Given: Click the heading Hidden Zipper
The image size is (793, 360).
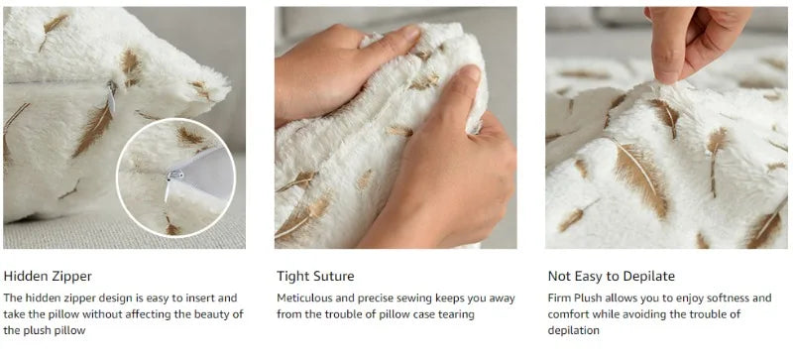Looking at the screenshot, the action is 48,277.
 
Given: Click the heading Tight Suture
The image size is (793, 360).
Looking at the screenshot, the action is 315,277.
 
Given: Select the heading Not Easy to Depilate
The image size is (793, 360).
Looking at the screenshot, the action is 611,277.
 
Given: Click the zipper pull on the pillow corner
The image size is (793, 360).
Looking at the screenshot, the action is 111,96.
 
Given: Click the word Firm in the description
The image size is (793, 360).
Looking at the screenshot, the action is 558,298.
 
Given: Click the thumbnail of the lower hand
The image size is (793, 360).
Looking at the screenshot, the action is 469,74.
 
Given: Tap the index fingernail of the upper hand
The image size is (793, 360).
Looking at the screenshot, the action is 410,34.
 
